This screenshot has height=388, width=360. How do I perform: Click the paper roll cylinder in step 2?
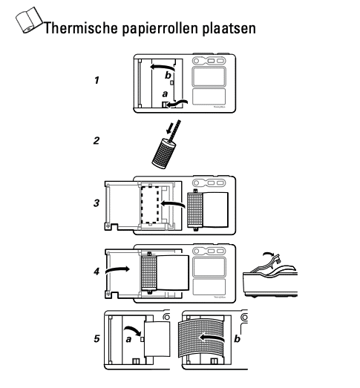coord(163,152)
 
